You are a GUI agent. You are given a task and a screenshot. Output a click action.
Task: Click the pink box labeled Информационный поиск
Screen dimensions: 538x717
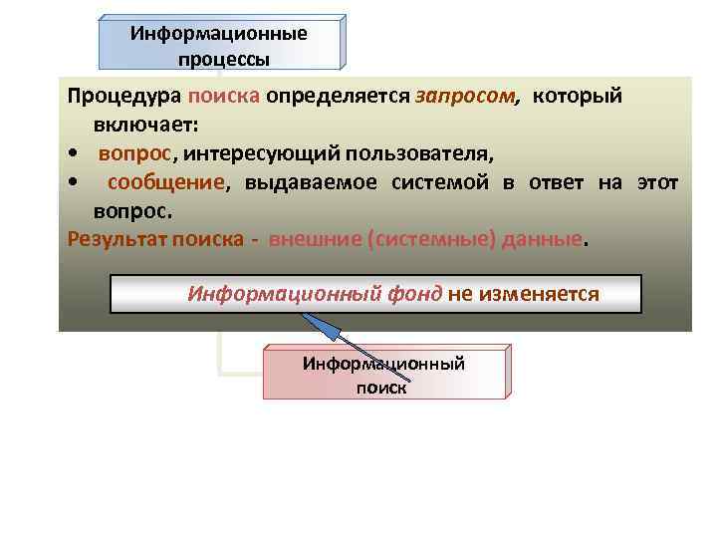(x=383, y=375)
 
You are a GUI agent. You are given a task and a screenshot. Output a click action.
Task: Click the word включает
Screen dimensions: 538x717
(x=145, y=126)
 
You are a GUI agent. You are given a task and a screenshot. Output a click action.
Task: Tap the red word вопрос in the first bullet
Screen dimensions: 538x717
(x=135, y=154)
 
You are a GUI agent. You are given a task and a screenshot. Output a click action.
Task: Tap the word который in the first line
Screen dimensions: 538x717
(x=577, y=97)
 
